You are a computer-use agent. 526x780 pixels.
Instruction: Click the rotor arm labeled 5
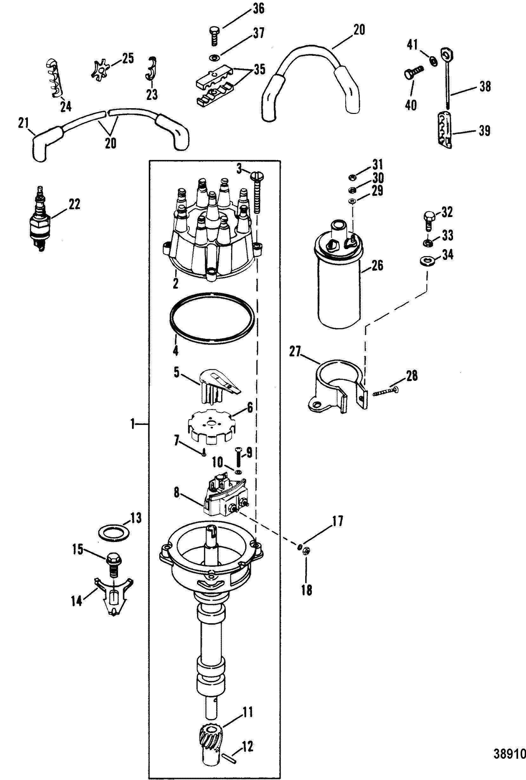coord(221,387)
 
